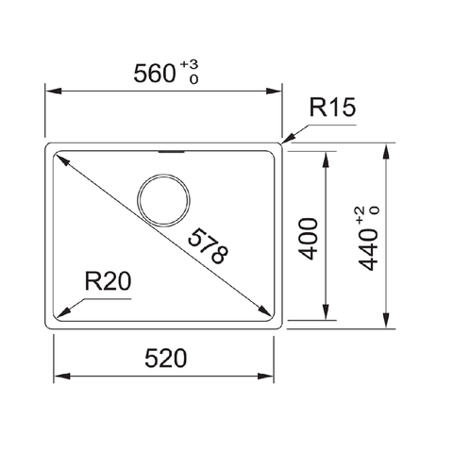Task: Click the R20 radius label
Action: pos(106,280)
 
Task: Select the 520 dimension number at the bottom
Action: pos(165,359)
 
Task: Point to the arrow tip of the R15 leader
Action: pos(283,143)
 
